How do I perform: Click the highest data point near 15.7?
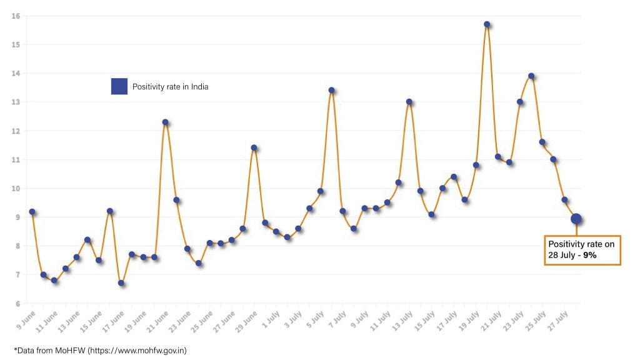487,24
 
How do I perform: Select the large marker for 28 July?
576,219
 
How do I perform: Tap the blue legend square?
119,86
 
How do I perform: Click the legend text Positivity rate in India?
170,87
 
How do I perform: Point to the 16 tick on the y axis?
16,16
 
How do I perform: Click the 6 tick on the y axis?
17,304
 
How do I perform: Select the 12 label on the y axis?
16,131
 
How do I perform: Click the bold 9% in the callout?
590,255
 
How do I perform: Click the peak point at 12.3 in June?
166,122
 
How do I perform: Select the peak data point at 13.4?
332,90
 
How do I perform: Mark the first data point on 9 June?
32,212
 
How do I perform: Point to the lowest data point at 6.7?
121,283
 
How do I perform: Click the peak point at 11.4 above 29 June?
254,148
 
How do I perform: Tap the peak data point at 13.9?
531,76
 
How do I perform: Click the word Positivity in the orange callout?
564,244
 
